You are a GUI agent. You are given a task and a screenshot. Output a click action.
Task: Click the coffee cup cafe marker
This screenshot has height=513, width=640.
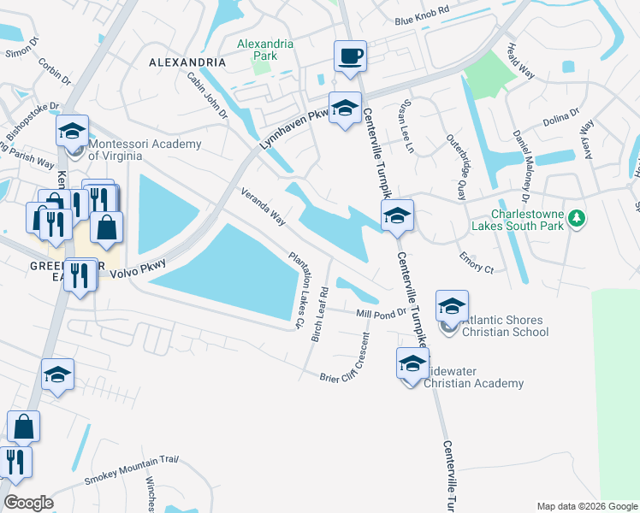tap(349, 57)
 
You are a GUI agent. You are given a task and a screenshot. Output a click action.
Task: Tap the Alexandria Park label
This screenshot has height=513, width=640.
tap(265, 50)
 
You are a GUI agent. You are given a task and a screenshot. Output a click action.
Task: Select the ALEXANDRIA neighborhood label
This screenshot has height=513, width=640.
tap(187, 63)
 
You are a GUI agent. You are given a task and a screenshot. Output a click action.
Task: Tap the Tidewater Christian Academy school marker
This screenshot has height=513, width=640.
tap(412, 363)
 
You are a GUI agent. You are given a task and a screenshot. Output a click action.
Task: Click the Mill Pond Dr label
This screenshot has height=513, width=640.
tap(381, 314)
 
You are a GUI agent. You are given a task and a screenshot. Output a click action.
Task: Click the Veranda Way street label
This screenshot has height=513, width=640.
tap(263, 207)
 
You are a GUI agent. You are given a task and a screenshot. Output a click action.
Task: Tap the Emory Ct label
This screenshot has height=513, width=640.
tap(477, 262)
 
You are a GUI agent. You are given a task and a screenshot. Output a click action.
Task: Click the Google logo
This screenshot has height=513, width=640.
tap(28, 503)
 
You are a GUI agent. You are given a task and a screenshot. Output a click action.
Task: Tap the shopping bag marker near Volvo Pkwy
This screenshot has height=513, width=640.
tap(108, 228)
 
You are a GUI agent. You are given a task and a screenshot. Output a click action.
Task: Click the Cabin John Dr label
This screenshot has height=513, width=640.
tap(207, 94)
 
